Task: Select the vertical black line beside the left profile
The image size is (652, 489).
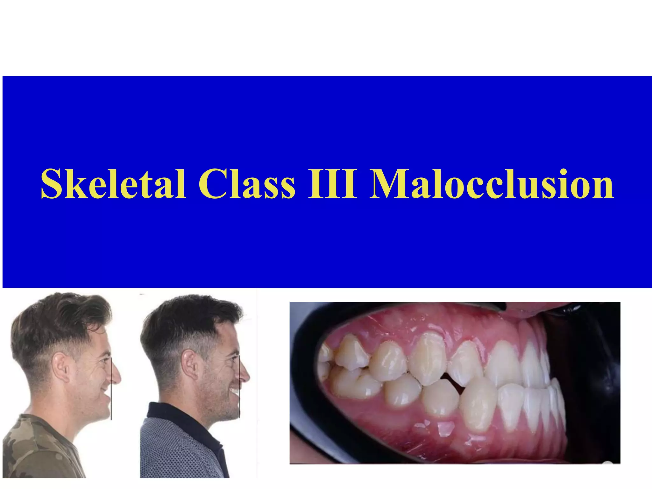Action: (x=111, y=392)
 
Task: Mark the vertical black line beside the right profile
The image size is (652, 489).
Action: (x=239, y=392)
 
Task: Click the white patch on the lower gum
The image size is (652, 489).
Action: (x=446, y=428)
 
